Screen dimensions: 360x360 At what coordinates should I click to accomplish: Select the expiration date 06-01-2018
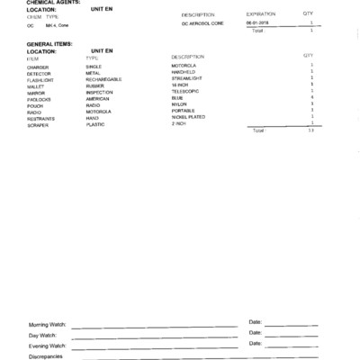[x=257, y=23]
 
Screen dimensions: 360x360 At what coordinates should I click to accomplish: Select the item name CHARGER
[x=38, y=66]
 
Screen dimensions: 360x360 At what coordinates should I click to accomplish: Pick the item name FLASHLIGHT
[x=41, y=79]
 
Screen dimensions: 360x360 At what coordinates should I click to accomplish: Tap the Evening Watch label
[x=48, y=345]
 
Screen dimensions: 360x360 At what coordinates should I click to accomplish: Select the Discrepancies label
[x=46, y=356]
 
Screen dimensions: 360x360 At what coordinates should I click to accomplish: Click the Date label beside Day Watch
[x=255, y=332]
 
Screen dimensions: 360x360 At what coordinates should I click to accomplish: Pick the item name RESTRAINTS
[x=41, y=118]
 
